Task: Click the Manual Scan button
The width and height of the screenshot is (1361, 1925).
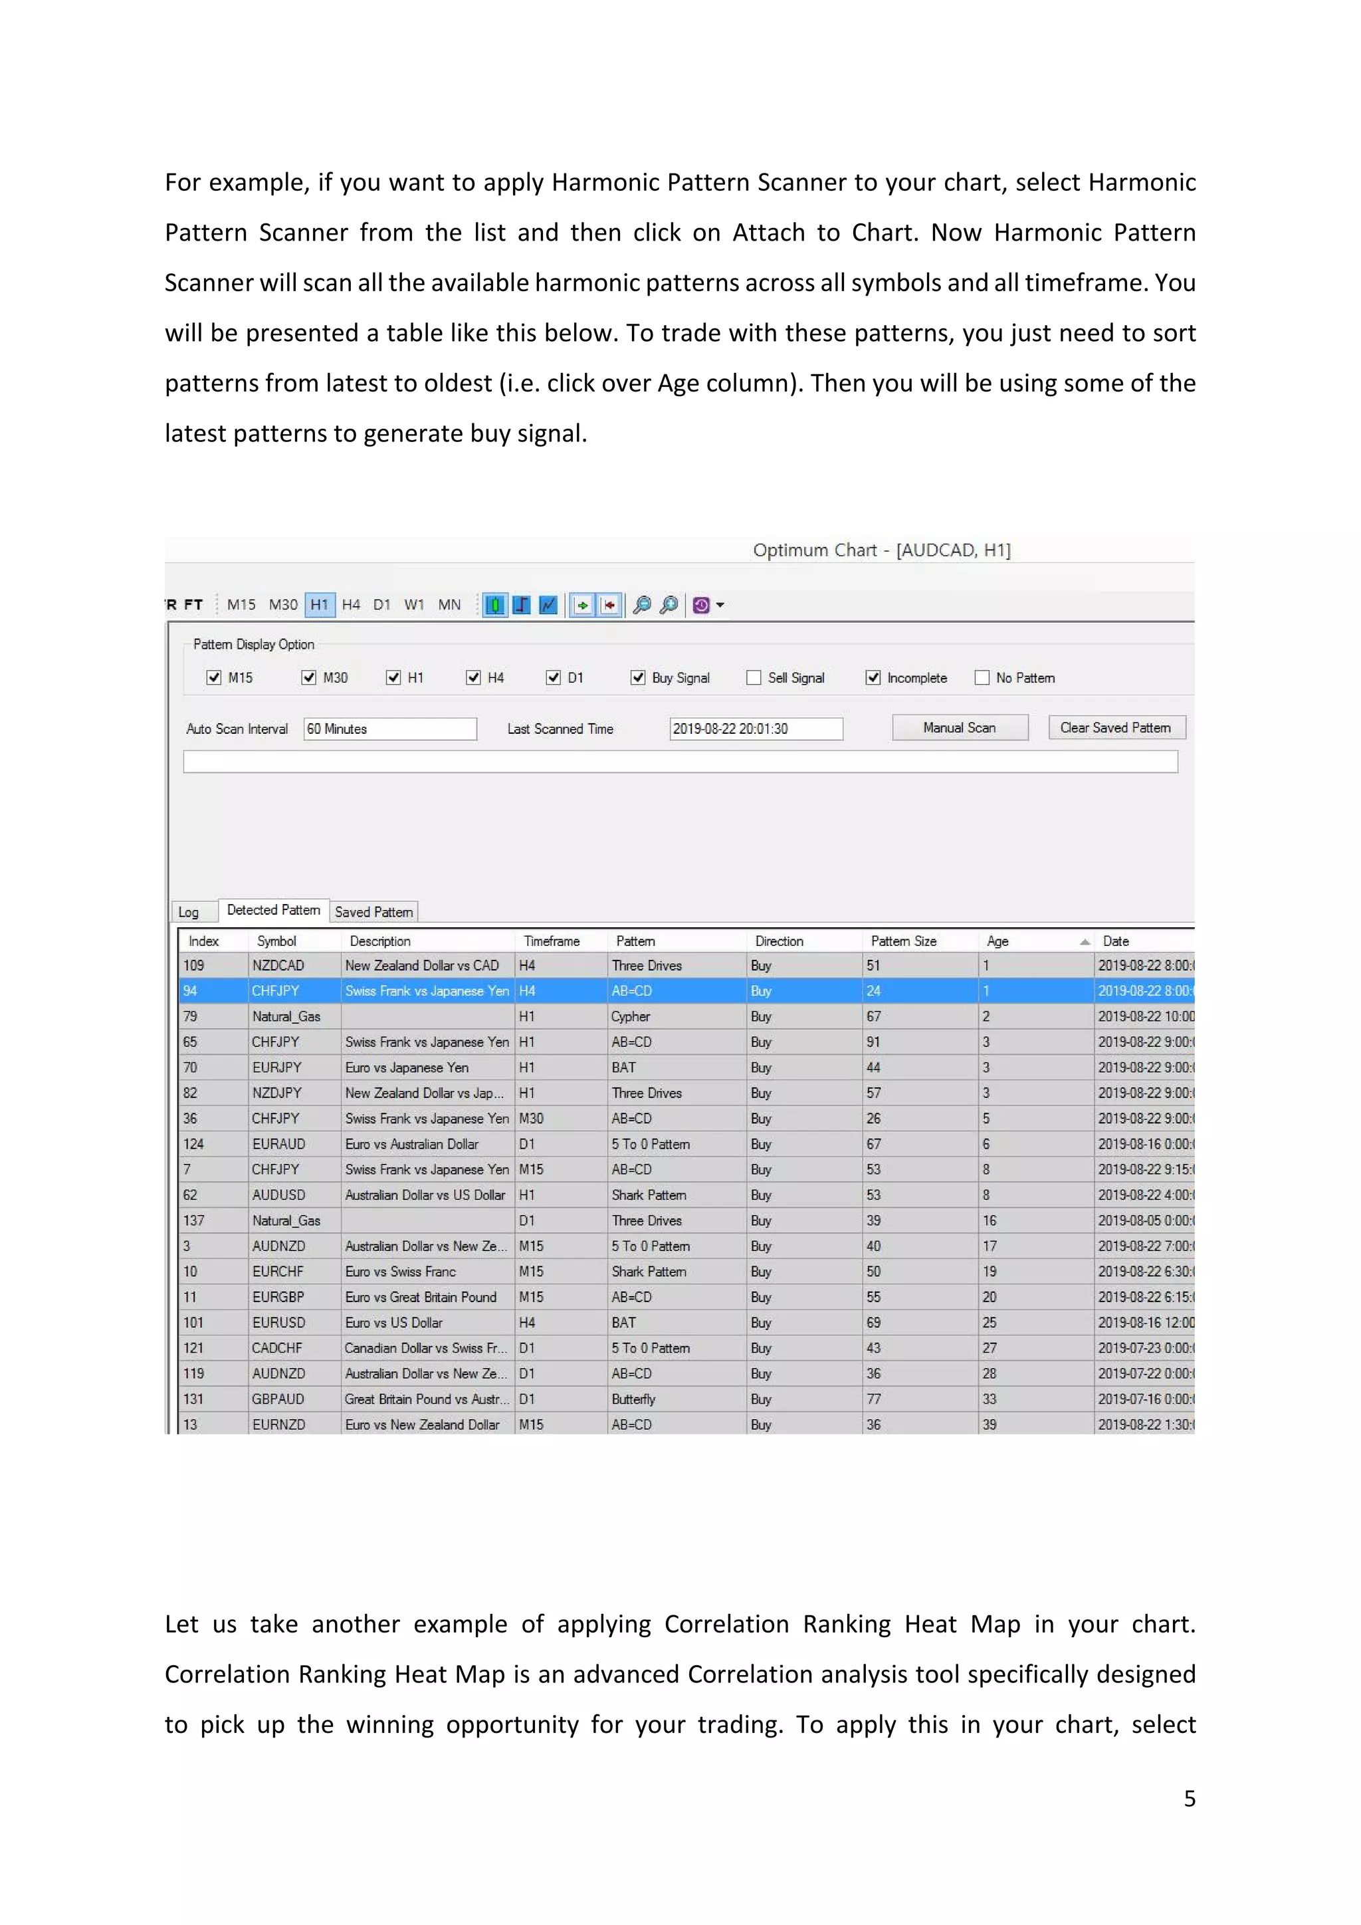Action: [960, 728]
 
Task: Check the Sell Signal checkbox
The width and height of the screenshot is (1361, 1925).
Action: [754, 677]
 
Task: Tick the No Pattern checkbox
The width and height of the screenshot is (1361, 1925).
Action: [982, 677]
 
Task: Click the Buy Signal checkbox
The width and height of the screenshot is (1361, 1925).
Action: [638, 677]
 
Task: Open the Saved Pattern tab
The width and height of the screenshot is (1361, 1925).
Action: [373, 911]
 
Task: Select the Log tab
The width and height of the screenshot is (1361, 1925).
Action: [189, 912]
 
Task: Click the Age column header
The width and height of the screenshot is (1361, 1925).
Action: [998, 941]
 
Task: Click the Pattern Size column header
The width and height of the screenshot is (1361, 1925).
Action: [903, 941]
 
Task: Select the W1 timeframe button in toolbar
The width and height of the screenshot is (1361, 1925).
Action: [414, 604]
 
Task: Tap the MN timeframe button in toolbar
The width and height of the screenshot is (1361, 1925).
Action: [449, 604]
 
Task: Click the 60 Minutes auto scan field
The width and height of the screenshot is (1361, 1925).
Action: [389, 729]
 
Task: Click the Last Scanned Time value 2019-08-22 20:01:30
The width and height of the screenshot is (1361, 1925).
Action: [755, 729]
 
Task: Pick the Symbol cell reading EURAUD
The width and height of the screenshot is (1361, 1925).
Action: [279, 1143]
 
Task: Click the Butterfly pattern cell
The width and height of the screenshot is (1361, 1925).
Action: [633, 1399]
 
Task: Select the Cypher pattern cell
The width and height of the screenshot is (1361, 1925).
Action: [631, 1016]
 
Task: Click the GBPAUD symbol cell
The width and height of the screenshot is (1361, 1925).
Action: [278, 1399]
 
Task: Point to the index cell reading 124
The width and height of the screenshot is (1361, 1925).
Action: [193, 1143]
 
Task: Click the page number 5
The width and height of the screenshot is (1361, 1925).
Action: [1189, 1799]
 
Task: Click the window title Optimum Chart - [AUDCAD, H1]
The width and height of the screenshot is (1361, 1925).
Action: [882, 550]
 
